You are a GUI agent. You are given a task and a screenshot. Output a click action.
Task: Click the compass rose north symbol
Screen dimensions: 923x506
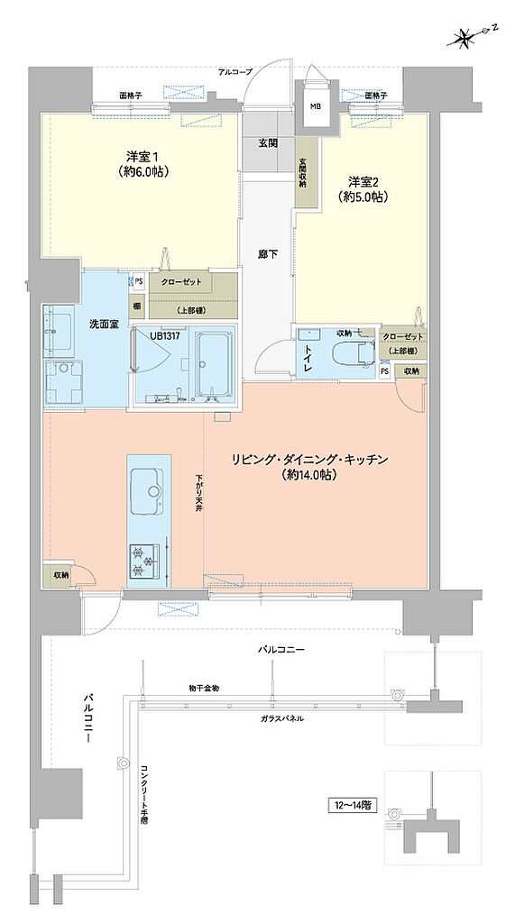pos(466,37)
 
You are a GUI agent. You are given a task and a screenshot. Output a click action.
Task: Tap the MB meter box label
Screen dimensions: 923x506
pos(315,105)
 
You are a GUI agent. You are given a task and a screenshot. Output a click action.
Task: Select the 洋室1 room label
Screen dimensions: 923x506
pos(138,163)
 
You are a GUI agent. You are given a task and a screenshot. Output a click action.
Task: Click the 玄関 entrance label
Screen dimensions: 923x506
pos(269,142)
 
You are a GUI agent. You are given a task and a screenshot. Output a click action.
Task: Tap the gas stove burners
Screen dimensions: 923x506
pos(145,559)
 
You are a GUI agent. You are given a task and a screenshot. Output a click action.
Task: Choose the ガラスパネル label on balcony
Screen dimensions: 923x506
pos(281,718)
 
